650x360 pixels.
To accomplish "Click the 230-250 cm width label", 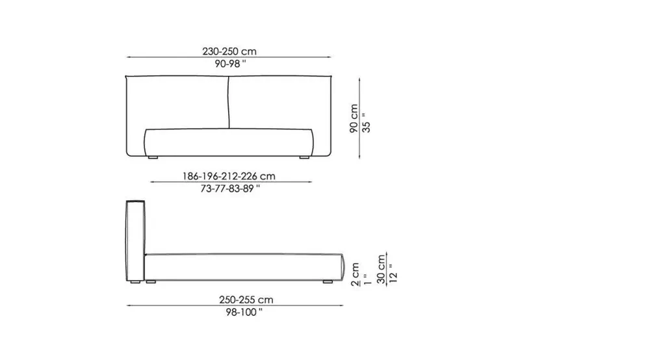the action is [229, 51].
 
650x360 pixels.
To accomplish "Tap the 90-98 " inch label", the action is [230, 64].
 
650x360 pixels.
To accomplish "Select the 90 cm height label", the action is [354, 118].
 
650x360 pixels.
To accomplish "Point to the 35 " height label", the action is [366, 123].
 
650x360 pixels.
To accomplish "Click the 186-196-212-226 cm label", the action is [229, 176].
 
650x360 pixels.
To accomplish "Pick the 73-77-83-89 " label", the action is [230, 188].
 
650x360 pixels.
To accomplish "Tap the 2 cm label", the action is [355, 274].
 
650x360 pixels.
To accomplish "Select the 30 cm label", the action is [381, 269].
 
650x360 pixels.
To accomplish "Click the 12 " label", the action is [393, 274].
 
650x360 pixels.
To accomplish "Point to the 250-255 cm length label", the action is [246, 300].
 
